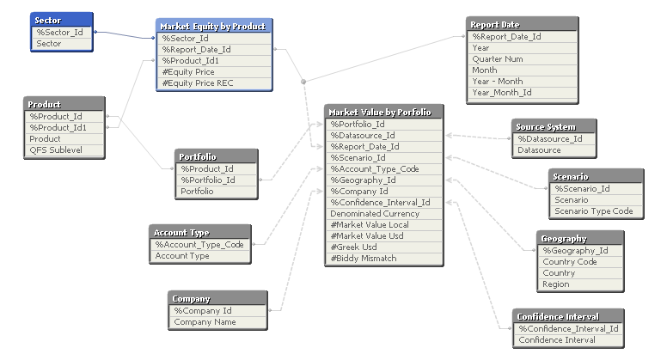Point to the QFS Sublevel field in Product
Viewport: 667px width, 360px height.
[64, 150]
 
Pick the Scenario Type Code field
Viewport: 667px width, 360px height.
[594, 211]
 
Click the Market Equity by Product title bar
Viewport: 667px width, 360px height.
[214, 27]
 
